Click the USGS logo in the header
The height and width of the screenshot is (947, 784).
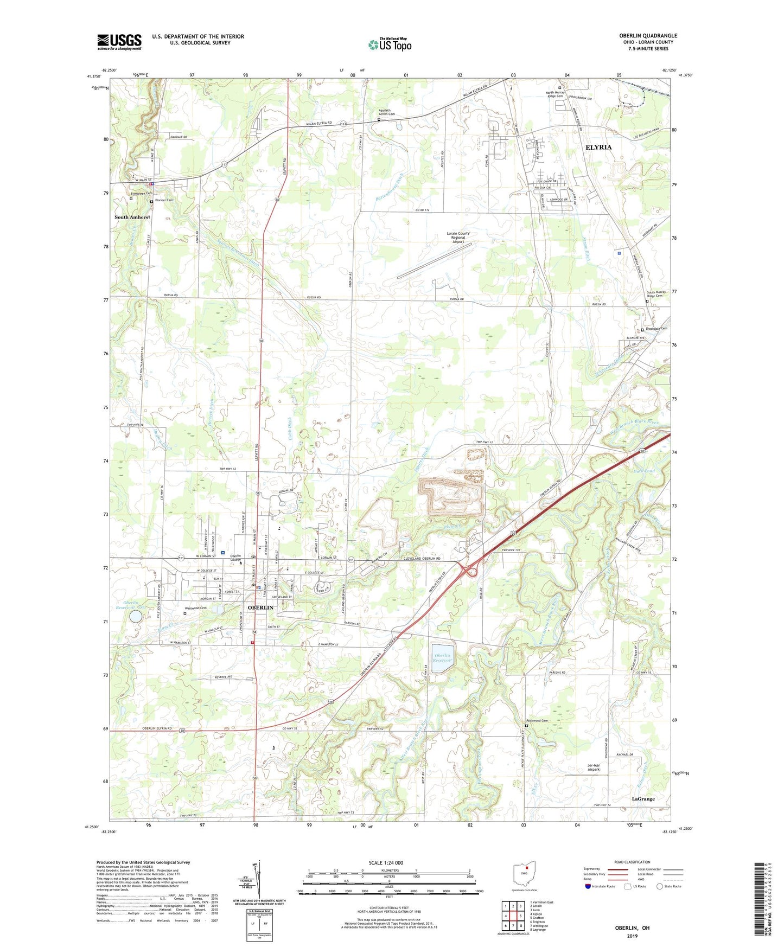pos(119,42)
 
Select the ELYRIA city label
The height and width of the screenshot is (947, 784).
pos(598,148)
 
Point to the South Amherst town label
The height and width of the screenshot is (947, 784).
pos(132,217)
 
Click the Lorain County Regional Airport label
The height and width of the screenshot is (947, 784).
pos(458,238)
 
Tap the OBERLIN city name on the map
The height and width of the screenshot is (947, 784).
pos(260,608)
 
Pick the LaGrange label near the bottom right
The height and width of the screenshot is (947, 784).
pos(643,799)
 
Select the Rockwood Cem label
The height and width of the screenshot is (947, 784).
pos(537,721)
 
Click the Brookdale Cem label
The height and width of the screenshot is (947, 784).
pos(656,329)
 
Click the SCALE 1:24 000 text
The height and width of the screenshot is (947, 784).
pos(386,863)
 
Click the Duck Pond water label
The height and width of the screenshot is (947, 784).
pos(643,471)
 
